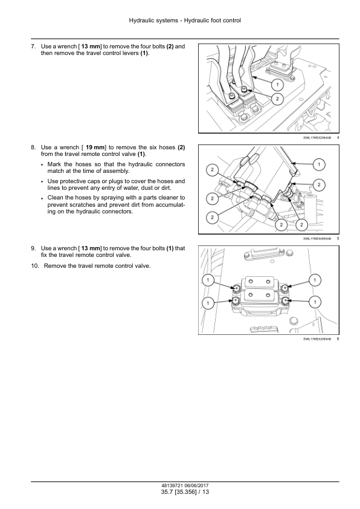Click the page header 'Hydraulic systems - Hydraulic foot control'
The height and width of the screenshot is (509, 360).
point(185,21)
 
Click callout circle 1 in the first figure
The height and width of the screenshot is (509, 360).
point(277,85)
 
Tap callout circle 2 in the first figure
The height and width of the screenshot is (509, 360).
point(277,99)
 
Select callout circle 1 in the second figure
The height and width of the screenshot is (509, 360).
point(319,164)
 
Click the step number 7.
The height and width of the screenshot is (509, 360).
point(33,47)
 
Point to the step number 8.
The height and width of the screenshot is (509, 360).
point(33,148)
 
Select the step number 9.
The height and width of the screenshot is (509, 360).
point(33,248)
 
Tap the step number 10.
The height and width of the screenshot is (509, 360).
point(34,266)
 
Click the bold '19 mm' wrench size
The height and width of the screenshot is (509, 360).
point(94,148)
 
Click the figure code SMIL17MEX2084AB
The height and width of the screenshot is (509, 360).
point(317,138)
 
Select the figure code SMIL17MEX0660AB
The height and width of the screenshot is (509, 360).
point(317,239)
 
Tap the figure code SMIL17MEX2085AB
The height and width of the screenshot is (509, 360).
point(317,339)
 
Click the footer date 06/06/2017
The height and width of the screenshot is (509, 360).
point(198,485)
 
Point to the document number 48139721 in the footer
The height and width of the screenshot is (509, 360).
point(173,485)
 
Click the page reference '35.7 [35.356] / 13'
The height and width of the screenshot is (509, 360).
point(185,492)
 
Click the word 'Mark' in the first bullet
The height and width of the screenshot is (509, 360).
point(54,164)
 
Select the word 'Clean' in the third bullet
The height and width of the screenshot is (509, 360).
point(55,198)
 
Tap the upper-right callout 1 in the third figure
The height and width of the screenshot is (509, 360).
point(315,280)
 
